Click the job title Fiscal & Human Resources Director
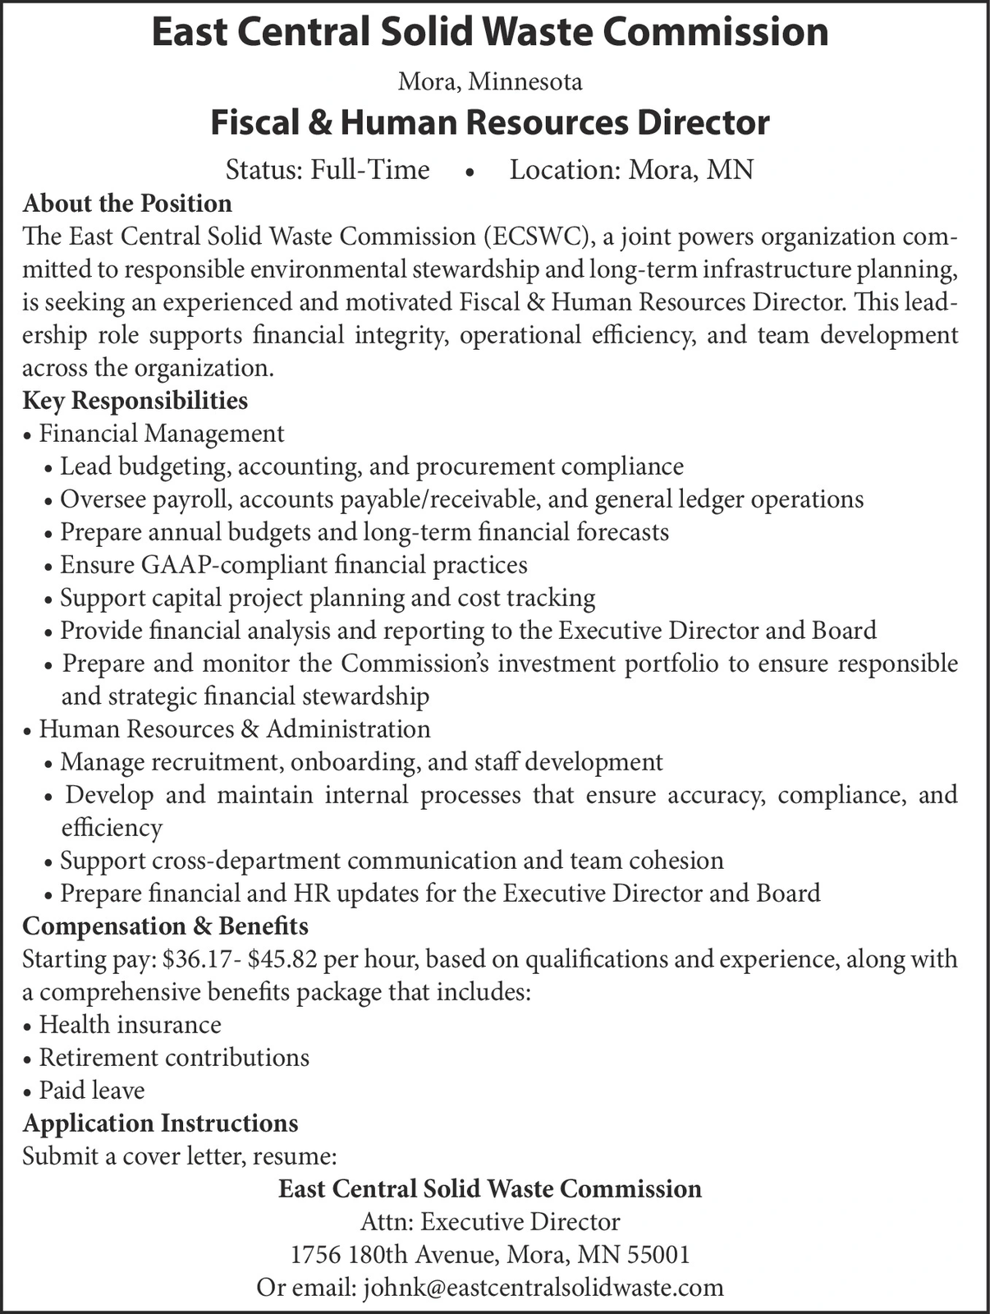[x=490, y=123]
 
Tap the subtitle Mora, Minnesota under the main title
[x=490, y=81]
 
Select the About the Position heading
[x=127, y=203]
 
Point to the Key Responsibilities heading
[x=135, y=401]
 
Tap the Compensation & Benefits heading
[x=165, y=926]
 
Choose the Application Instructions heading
[x=160, y=1123]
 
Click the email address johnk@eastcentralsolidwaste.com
[x=543, y=1287]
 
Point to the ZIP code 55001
[x=658, y=1255]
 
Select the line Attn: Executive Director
[x=490, y=1222]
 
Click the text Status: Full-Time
[x=328, y=170]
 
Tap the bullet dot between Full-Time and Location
[x=469, y=172]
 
